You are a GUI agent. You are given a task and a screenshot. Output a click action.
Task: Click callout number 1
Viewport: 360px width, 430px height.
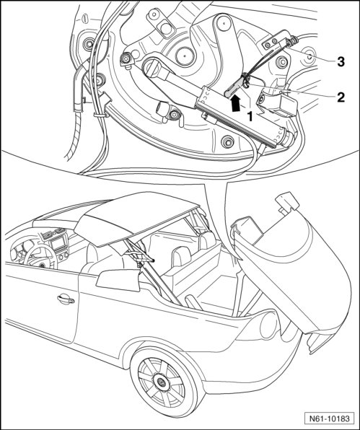250,117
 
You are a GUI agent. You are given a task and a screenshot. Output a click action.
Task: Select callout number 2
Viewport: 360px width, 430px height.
341,97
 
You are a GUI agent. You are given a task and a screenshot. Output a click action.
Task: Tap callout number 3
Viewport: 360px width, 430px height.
341,62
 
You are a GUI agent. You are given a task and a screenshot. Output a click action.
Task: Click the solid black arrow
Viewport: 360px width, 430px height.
235,103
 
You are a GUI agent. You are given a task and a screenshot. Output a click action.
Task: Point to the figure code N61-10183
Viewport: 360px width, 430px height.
330,418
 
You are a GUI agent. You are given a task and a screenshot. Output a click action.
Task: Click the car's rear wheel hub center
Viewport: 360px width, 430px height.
160,381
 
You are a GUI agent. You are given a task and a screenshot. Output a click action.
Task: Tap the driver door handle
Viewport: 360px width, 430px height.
66,299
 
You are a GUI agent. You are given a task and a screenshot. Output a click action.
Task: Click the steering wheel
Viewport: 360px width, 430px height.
38,258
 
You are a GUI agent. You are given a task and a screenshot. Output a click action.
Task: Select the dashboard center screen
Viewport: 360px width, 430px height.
58,243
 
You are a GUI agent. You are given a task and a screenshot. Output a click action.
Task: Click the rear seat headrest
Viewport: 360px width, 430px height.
180,256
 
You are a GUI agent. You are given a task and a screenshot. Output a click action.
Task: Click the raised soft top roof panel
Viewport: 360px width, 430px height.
136,219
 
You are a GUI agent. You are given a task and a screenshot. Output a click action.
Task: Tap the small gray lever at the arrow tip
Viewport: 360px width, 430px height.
234,88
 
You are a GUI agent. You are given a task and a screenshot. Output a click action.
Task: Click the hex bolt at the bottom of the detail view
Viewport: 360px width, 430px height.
227,142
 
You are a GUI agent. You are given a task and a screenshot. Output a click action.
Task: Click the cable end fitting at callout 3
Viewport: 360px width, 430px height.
291,42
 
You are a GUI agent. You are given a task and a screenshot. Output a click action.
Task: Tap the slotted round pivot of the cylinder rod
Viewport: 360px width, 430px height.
152,68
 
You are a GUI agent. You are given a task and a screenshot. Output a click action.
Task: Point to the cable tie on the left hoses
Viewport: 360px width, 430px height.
100,115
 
